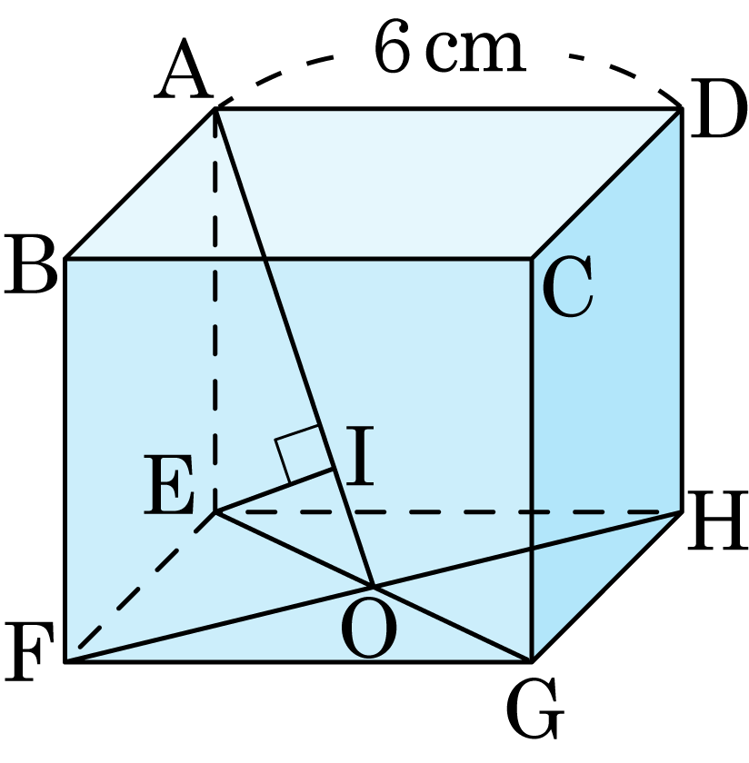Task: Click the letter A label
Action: [x=184, y=69]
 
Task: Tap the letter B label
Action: [x=31, y=264]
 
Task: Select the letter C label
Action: [x=567, y=286]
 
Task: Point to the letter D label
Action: [x=717, y=109]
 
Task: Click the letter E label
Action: [x=169, y=485]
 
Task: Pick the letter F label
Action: [x=29, y=651]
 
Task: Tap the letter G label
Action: [x=534, y=708]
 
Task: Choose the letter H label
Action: [x=717, y=520]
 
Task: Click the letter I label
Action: [x=360, y=455]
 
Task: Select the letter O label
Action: [x=369, y=629]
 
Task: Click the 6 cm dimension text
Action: [x=450, y=48]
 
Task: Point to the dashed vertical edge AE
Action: [x=215, y=310]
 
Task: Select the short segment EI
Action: [x=275, y=490]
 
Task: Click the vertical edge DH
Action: [x=682, y=310]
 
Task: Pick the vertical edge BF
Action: [x=65, y=461]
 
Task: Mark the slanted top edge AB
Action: [x=140, y=183]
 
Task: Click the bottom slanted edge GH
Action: [x=607, y=587]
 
